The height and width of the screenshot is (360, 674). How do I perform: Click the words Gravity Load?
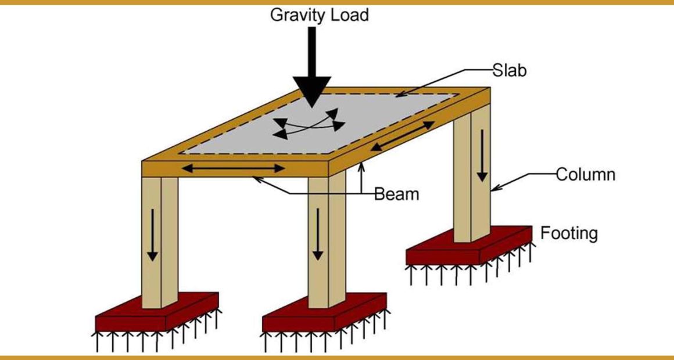320,16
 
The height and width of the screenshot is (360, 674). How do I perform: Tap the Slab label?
510,70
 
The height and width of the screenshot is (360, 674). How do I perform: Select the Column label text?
586,175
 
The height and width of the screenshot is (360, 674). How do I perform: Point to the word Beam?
396,194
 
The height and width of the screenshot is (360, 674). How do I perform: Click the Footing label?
569,233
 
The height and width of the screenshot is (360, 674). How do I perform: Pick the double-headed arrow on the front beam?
234,168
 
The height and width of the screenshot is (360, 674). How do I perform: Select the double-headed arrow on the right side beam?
402,136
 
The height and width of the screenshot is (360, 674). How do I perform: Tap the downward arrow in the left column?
152,235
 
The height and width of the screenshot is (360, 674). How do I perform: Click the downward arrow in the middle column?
318,233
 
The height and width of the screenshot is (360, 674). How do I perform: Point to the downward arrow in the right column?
482,155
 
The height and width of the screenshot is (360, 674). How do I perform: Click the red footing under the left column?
157,311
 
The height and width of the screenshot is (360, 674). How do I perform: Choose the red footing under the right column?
469,245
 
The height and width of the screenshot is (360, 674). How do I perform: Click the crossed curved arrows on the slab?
309,125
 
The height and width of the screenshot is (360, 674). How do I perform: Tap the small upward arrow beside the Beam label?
361,178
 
